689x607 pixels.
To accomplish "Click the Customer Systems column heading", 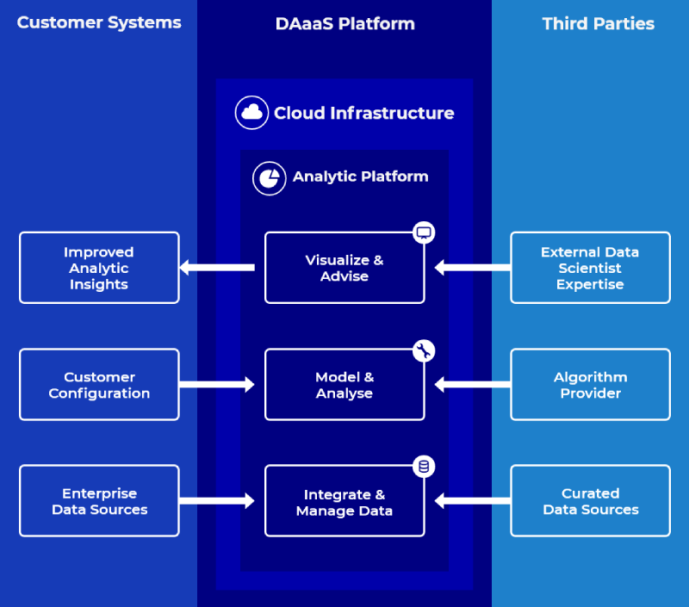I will point(99,23).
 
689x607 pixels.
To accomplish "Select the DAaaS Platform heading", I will point(344,24).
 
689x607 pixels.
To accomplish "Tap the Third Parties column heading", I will point(598,24).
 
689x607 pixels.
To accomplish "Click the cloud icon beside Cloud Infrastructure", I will point(251,113).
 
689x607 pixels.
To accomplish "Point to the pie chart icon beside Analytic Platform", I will point(269,177).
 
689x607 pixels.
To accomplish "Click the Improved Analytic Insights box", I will point(99,268).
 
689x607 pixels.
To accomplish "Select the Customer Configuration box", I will point(99,385).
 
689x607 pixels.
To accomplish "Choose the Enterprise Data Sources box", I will point(99,501).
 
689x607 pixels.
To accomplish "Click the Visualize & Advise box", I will point(344,268).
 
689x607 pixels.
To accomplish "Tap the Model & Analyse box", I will point(344,385).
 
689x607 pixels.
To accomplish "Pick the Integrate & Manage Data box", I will point(344,502).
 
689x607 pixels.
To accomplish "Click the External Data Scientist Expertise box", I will point(590,268).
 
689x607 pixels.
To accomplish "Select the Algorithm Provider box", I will point(590,385).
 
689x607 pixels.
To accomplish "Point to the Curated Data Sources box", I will point(590,501).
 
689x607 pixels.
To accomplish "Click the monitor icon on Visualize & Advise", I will point(423,232).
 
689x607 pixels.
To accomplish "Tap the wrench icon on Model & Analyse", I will point(423,350).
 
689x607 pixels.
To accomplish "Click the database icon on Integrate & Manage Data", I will point(423,467).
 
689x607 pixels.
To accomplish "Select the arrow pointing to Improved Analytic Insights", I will point(217,268).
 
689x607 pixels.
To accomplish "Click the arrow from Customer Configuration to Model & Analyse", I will point(217,384).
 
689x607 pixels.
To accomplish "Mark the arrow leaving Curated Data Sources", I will point(472,500).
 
